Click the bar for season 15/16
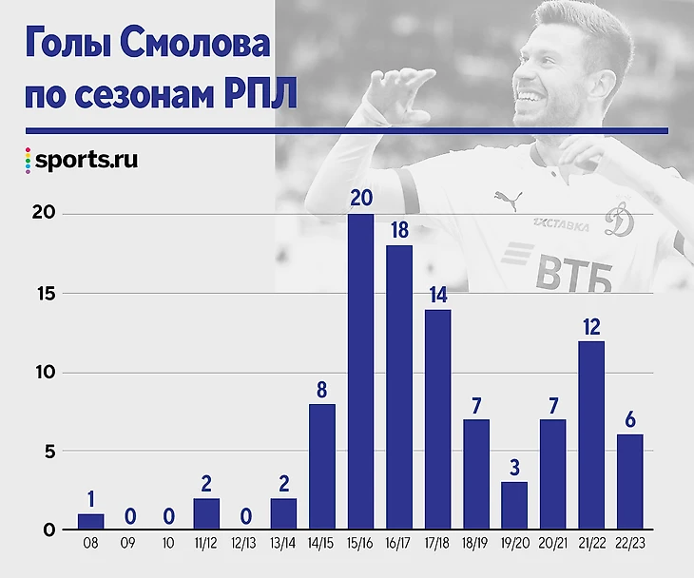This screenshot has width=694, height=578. [x=360, y=372]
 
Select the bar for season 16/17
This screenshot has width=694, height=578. [x=399, y=387]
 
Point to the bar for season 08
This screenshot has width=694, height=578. [x=91, y=522]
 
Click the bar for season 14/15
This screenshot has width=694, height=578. [x=322, y=467]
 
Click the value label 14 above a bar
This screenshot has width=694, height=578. [x=437, y=294]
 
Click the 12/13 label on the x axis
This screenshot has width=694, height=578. [x=245, y=547]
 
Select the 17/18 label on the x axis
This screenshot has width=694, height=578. [x=437, y=547]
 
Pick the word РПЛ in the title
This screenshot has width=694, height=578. [x=259, y=95]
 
